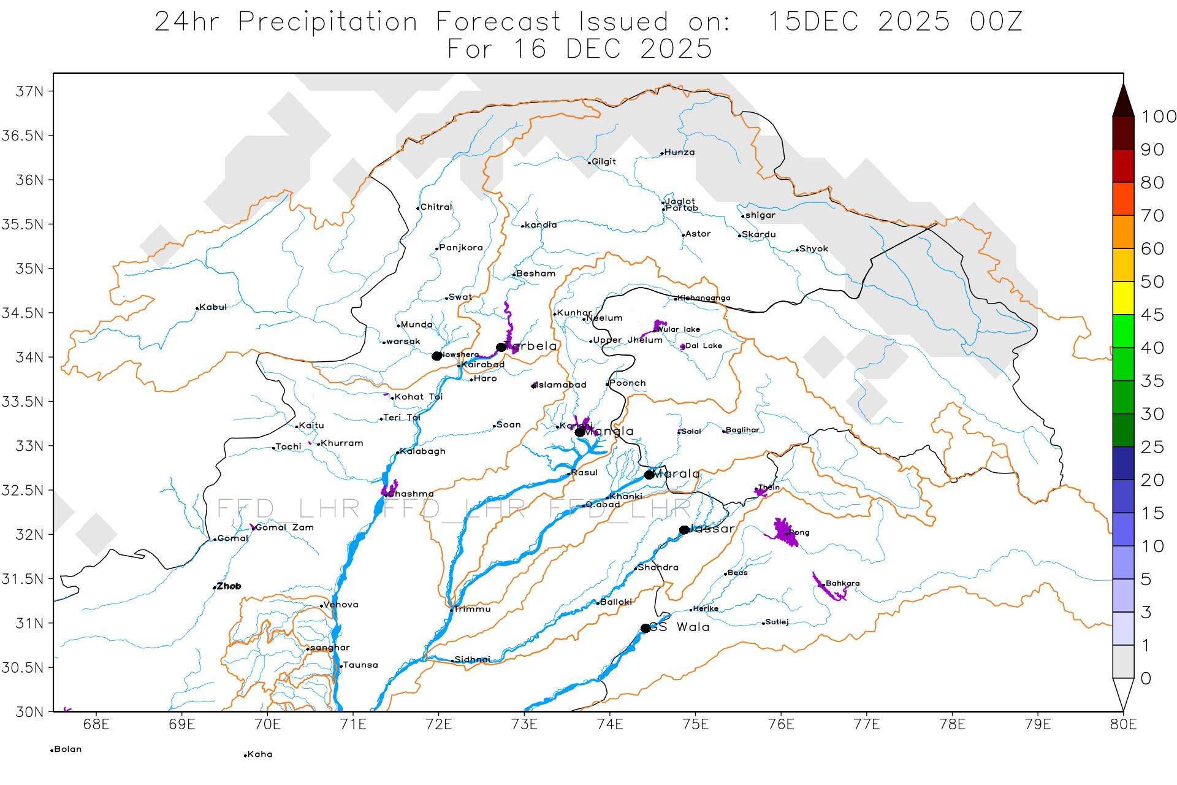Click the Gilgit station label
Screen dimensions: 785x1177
click(603, 162)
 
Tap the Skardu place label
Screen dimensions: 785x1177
click(758, 234)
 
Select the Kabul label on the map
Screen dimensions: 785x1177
click(213, 307)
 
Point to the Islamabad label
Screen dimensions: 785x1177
click(562, 385)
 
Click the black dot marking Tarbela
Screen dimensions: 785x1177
click(501, 347)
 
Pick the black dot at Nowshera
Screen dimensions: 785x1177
click(436, 356)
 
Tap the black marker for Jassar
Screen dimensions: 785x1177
click(684, 530)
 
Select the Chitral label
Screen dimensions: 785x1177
click(436, 207)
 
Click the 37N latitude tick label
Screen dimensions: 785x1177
click(29, 91)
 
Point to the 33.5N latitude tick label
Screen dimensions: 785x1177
click(23, 402)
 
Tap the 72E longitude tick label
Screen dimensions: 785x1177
click(438, 725)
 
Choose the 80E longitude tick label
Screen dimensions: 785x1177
click(1123, 725)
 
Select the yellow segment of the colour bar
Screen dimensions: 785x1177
click(1123, 298)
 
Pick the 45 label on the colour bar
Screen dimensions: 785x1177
click(1152, 315)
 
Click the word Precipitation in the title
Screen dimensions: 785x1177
click(328, 22)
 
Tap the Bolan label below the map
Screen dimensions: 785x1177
click(67, 749)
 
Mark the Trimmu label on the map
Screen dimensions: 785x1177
click(472, 610)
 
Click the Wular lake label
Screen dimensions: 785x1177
click(678, 329)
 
